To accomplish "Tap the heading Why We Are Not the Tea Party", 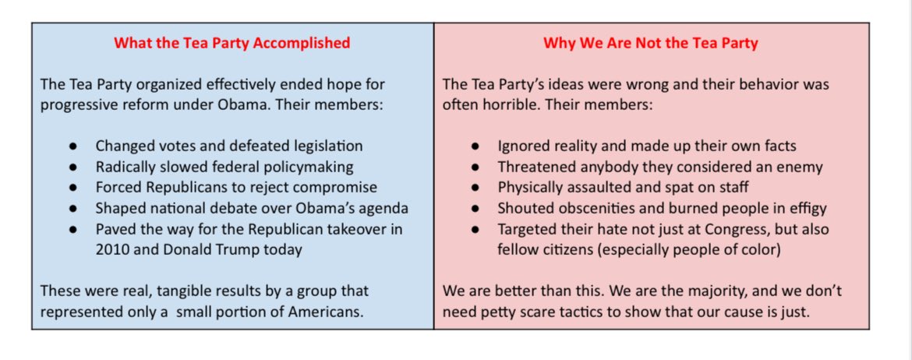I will click(651, 43).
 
